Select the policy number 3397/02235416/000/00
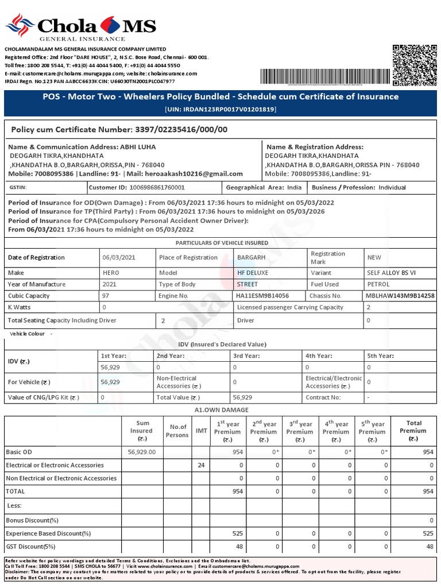coord(181,130)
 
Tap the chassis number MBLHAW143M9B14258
coord(400,296)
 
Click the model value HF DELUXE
coord(253,273)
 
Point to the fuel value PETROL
coord(378,284)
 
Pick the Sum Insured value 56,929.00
coord(141,452)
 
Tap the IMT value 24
coord(201,465)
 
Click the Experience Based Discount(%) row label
coord(48,533)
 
